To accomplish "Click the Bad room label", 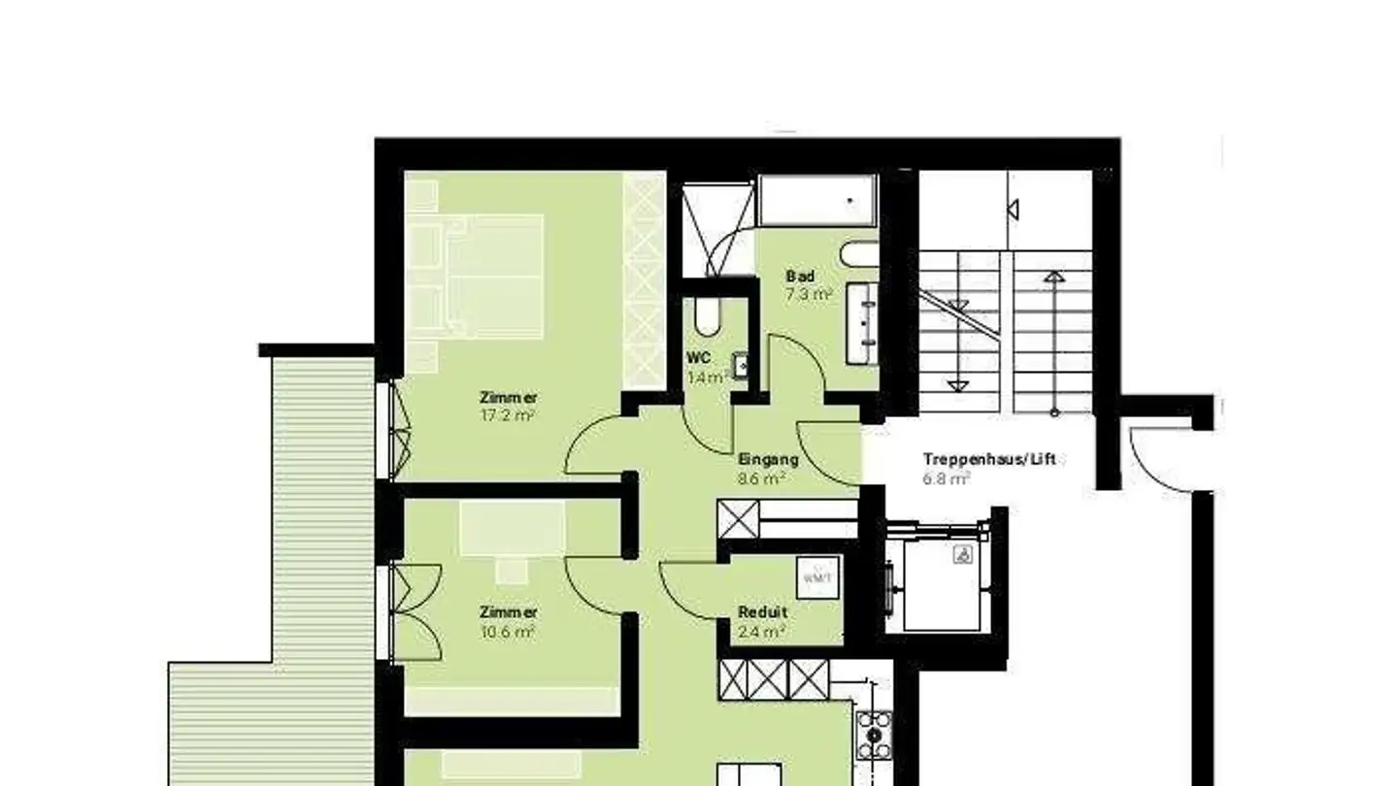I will point(800,277).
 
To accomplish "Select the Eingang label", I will point(768,460).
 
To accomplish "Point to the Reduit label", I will point(762,612).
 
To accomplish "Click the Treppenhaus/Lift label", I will point(988,459).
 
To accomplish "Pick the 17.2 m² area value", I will point(509,415).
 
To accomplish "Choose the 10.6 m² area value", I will point(508,632).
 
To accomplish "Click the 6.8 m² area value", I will point(947,477).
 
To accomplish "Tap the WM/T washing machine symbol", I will point(816,578).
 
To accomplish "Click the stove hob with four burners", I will point(874,735).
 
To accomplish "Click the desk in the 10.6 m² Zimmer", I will point(512,530).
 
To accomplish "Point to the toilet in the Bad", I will point(857,256).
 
